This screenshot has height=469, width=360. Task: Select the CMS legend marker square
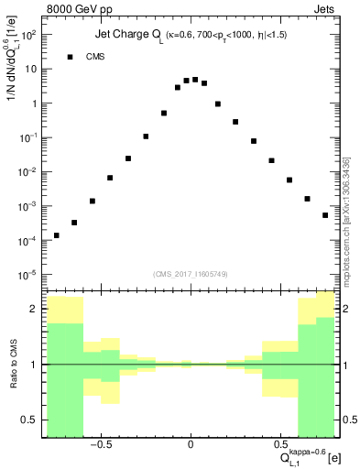point(70,57)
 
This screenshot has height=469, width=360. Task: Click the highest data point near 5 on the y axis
point(195,80)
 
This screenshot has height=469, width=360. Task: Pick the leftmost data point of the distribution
point(57,235)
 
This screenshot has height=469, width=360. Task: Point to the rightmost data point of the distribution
point(325,215)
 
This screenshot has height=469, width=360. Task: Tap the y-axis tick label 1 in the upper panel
point(33,104)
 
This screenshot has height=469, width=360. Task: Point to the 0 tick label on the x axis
point(191,446)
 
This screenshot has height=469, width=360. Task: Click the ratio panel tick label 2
point(35,310)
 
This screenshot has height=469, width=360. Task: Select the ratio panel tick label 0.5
point(30,420)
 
